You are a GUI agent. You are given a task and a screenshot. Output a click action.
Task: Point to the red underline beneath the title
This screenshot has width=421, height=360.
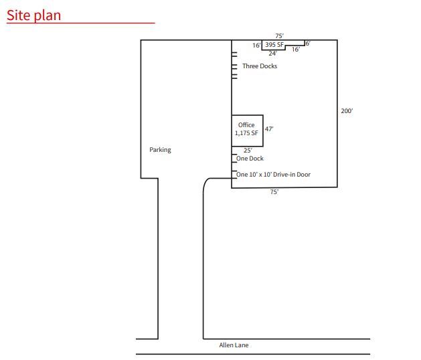[x=80, y=23]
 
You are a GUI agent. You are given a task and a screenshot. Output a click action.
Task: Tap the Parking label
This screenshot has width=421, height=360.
[x=160, y=150]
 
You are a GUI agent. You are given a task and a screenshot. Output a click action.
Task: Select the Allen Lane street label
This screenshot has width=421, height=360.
[x=235, y=346]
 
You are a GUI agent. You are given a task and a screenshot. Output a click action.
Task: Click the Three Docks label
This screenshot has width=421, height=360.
[x=260, y=66]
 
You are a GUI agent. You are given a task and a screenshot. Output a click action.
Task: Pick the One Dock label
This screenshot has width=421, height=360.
[x=250, y=159]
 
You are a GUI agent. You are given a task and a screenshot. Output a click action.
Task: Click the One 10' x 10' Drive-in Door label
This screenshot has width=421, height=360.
[x=273, y=175]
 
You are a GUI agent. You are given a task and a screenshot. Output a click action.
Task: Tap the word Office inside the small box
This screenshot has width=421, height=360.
[x=246, y=125]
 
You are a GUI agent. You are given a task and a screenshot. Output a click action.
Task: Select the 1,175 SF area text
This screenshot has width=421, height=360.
[x=246, y=133]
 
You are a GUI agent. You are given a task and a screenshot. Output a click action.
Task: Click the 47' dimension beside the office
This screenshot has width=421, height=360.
[x=269, y=129]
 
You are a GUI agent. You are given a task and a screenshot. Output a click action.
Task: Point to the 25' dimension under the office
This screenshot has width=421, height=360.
[x=247, y=151]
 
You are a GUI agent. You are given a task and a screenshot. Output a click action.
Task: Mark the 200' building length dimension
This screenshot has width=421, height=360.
[x=347, y=111]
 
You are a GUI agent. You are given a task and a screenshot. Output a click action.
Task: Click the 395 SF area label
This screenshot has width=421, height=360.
[x=274, y=45]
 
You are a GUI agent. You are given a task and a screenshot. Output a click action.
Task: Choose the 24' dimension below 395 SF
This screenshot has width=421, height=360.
[x=273, y=53]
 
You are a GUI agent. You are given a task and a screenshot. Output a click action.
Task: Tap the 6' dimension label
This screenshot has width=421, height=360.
[x=307, y=43]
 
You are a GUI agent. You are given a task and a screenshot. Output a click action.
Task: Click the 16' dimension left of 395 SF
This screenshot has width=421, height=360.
[x=256, y=46]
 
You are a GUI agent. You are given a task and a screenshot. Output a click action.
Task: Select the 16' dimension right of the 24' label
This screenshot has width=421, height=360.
[x=295, y=50]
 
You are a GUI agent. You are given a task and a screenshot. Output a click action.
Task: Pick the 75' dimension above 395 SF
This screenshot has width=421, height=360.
[x=279, y=35]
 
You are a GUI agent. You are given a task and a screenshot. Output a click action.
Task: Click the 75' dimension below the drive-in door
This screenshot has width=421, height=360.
[x=274, y=192]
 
